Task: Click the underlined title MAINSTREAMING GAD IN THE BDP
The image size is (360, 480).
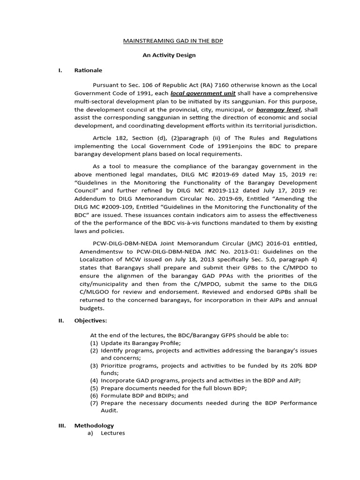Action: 173,41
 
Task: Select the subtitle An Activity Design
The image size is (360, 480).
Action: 169,55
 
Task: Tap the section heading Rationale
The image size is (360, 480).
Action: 88,70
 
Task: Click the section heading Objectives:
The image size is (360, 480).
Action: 90,321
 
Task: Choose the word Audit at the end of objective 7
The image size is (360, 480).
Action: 109,410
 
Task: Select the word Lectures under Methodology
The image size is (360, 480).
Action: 113,433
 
